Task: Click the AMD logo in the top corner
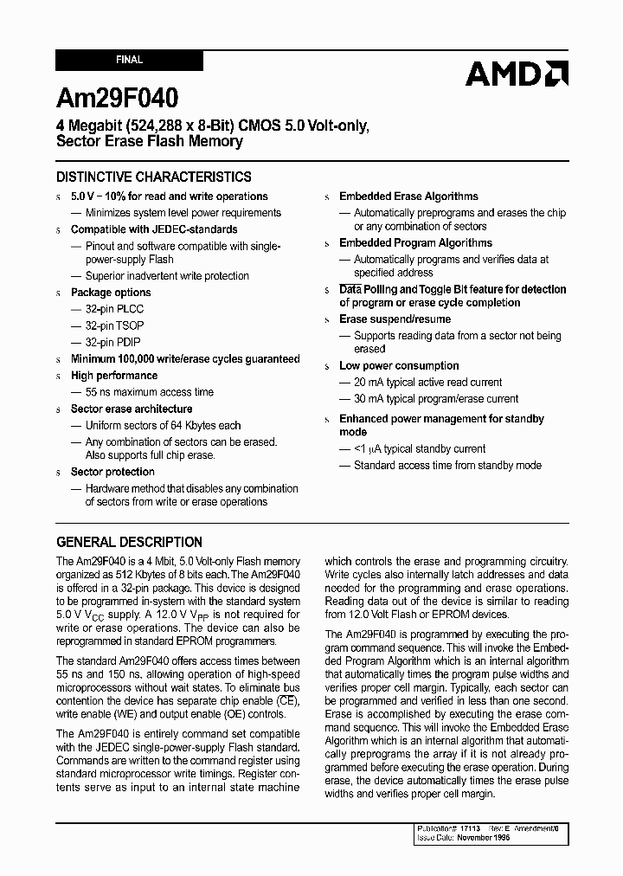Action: click(x=516, y=74)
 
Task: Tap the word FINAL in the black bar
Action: click(x=129, y=61)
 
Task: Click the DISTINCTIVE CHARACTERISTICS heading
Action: click(x=153, y=177)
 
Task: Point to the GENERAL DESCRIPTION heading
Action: click(x=129, y=543)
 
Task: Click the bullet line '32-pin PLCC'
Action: click(x=114, y=309)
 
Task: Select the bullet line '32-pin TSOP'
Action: click(x=114, y=325)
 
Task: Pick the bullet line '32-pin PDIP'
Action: click(x=113, y=342)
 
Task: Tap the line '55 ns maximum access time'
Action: click(x=149, y=392)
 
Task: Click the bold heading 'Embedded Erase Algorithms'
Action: click(x=408, y=196)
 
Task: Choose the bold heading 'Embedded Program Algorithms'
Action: click(x=415, y=243)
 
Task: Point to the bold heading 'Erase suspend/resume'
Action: click(x=395, y=319)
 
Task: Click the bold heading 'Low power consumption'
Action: click(x=399, y=366)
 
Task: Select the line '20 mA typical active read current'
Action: click(x=427, y=383)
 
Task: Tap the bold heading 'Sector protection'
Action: click(x=112, y=473)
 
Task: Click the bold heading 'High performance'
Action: click(x=114, y=376)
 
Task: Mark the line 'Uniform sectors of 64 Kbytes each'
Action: click(x=163, y=426)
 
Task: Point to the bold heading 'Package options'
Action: click(x=111, y=293)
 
